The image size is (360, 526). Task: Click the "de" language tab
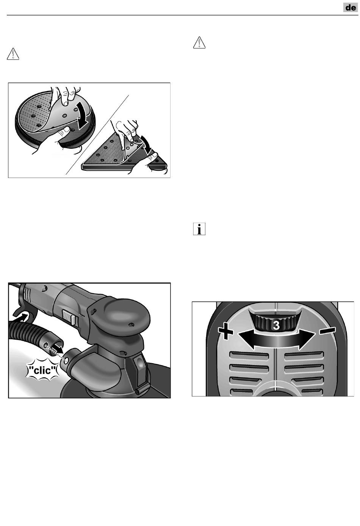pyautogui.click(x=351, y=8)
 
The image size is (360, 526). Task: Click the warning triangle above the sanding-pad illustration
pyautogui.click(x=13, y=54)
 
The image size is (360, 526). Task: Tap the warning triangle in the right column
pyautogui.click(x=199, y=42)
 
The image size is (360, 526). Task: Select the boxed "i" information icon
pyautogui.click(x=199, y=229)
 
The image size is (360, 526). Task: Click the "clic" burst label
pyautogui.click(x=43, y=371)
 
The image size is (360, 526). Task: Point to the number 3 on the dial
pyautogui.click(x=277, y=326)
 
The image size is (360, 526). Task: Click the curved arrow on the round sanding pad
pyautogui.click(x=82, y=116)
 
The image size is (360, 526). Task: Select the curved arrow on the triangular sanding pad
pyautogui.click(x=144, y=144)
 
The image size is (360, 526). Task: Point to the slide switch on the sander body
pyautogui.click(x=68, y=318)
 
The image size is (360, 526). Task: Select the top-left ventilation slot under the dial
pyautogui.click(x=249, y=356)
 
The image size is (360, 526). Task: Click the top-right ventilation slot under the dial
pyautogui.click(x=304, y=356)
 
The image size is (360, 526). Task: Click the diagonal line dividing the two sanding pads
pyautogui.click(x=97, y=135)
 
